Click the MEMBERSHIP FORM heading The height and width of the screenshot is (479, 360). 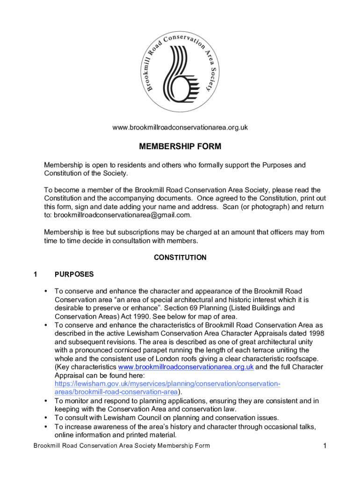180,147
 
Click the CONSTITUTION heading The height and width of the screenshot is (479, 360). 180,257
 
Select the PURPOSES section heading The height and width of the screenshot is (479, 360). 74,275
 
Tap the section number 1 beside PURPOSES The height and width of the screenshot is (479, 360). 36,275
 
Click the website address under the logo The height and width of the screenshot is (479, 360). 180,127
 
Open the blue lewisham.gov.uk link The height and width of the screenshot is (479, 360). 167,388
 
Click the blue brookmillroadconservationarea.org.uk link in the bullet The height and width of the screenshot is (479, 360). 186,367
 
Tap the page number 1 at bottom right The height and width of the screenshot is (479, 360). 324,446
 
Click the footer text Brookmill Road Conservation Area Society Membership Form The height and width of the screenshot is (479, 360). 122,446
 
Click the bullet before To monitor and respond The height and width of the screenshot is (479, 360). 46,401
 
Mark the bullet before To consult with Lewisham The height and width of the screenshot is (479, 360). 46,418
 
